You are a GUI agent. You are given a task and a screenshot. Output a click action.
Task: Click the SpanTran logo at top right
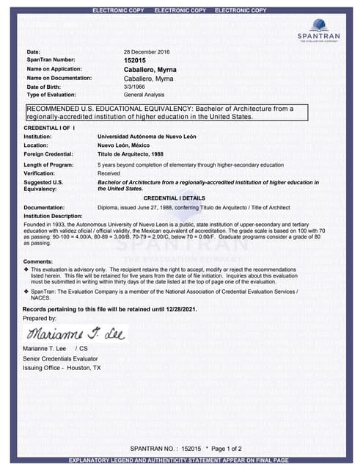[319, 29]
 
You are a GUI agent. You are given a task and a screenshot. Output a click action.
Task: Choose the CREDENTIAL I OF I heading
[50, 128]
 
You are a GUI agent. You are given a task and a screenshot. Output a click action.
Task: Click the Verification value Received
[109, 173]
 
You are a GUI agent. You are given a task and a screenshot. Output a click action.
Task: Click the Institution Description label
[53, 216]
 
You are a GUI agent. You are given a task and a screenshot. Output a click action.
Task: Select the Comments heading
[38, 262]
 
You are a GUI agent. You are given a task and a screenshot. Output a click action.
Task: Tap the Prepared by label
[40, 318]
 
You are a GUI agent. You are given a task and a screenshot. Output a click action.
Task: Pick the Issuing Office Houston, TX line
[62, 367]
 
